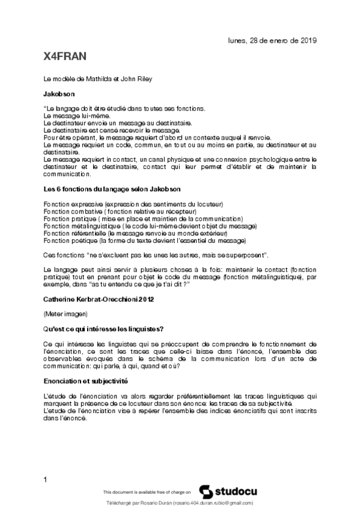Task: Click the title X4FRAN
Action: (66, 57)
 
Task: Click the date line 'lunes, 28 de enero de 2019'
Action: (272, 40)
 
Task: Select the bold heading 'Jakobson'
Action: (59, 94)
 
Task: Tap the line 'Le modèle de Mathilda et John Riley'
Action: (98, 79)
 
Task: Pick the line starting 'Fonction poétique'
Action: (145, 240)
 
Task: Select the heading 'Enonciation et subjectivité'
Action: (87, 381)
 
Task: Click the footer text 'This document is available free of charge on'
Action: (147, 491)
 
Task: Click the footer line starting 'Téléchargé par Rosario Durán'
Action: (179, 503)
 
